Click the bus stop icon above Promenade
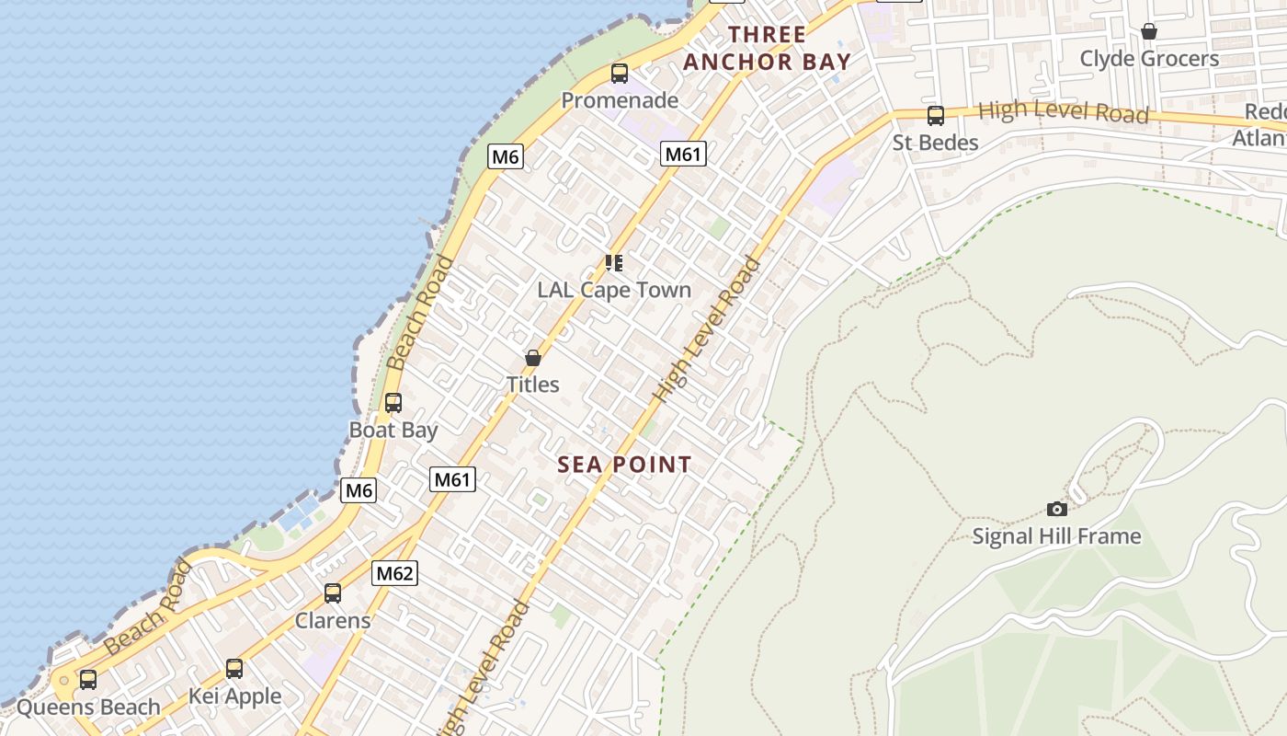click(620, 74)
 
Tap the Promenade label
click(620, 100)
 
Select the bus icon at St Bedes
click(936, 116)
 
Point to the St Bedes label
click(936, 143)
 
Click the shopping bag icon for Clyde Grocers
click(1149, 32)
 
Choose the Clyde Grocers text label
click(1149, 59)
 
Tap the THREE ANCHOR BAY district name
click(767, 49)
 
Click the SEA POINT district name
click(624, 465)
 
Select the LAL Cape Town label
click(614, 290)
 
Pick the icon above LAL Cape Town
click(614, 264)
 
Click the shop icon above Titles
click(533, 358)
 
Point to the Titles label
click(533, 384)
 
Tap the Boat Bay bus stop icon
click(393, 403)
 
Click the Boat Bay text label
click(393, 430)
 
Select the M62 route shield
click(395, 574)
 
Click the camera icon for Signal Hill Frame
click(1057, 509)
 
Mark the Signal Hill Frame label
click(1057, 535)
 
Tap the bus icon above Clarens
click(333, 593)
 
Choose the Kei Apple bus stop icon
click(234, 669)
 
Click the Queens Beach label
click(88, 707)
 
